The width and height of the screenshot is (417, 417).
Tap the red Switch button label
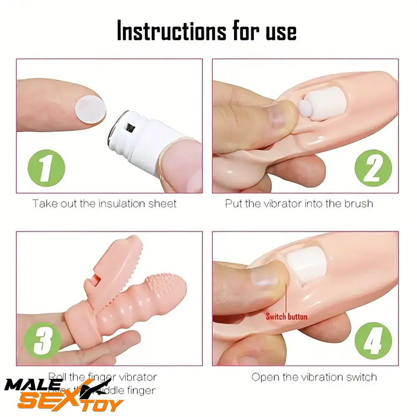(286, 317)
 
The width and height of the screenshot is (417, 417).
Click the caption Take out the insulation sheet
(105, 203)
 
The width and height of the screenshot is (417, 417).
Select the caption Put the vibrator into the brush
(299, 203)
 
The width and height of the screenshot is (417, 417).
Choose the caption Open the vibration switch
(314, 377)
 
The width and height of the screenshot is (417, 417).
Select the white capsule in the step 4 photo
(308, 265)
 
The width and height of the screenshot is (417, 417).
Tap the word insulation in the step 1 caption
(123, 203)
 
